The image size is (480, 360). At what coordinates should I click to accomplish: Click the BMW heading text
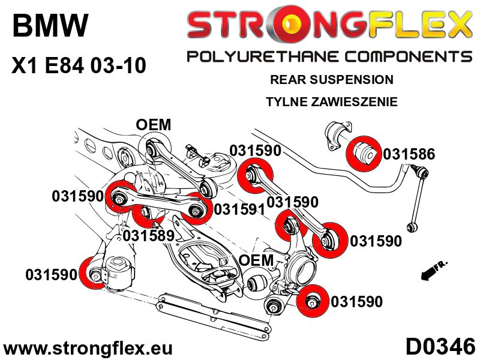tap(50, 27)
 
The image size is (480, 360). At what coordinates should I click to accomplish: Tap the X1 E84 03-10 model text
tap(79, 65)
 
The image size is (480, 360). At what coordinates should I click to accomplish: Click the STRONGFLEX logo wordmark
tap(329, 25)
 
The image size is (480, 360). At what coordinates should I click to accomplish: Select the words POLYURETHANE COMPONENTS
tap(329, 56)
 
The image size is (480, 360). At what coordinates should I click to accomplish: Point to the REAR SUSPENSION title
tap(331, 79)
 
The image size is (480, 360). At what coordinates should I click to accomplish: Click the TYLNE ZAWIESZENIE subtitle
tap(331, 102)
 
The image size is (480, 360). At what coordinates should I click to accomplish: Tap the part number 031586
tap(409, 154)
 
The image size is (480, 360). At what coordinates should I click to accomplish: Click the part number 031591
tap(240, 209)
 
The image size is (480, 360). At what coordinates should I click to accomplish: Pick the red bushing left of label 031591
tap(196, 208)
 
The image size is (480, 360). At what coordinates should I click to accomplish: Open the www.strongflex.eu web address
tap(88, 348)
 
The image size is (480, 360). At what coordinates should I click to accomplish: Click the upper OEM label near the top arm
tap(153, 125)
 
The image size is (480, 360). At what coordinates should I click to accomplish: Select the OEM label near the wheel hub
tap(256, 260)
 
